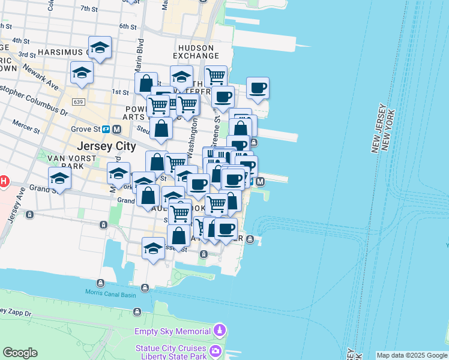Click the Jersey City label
[106, 146]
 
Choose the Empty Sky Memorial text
[172, 331]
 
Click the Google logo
[20, 352]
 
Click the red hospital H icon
[4, 181]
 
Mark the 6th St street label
[128, 26]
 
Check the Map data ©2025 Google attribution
[412, 355]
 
